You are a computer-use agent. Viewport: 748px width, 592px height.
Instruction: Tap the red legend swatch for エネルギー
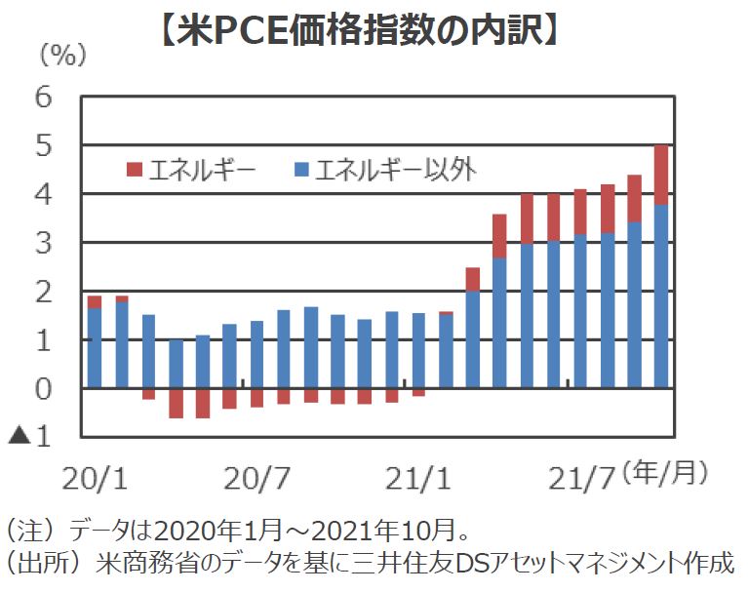(134, 171)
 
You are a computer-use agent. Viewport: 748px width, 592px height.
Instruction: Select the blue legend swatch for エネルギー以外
(301, 171)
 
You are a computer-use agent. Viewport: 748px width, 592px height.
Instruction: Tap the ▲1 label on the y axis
(33, 437)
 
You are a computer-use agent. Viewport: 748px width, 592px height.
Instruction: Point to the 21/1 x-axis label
(418, 479)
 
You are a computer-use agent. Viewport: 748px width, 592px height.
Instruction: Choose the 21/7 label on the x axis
(582, 479)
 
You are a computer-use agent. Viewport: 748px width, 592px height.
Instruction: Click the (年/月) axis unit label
(666, 474)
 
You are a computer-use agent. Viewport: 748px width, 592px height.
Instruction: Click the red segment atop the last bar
(660, 175)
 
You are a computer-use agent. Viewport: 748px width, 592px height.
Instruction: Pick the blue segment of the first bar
(95, 347)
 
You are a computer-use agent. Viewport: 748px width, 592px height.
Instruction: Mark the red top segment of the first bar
(95, 301)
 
